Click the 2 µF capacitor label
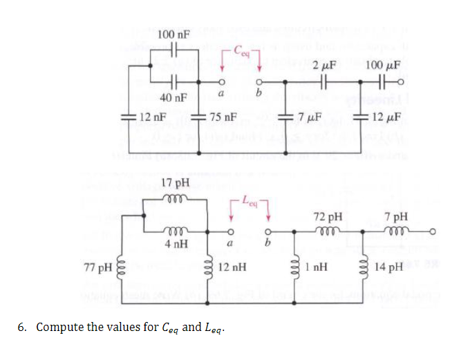coord(324,67)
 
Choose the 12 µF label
coord(384,117)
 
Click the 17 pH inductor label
coord(174,183)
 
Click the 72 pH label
coord(325,217)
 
